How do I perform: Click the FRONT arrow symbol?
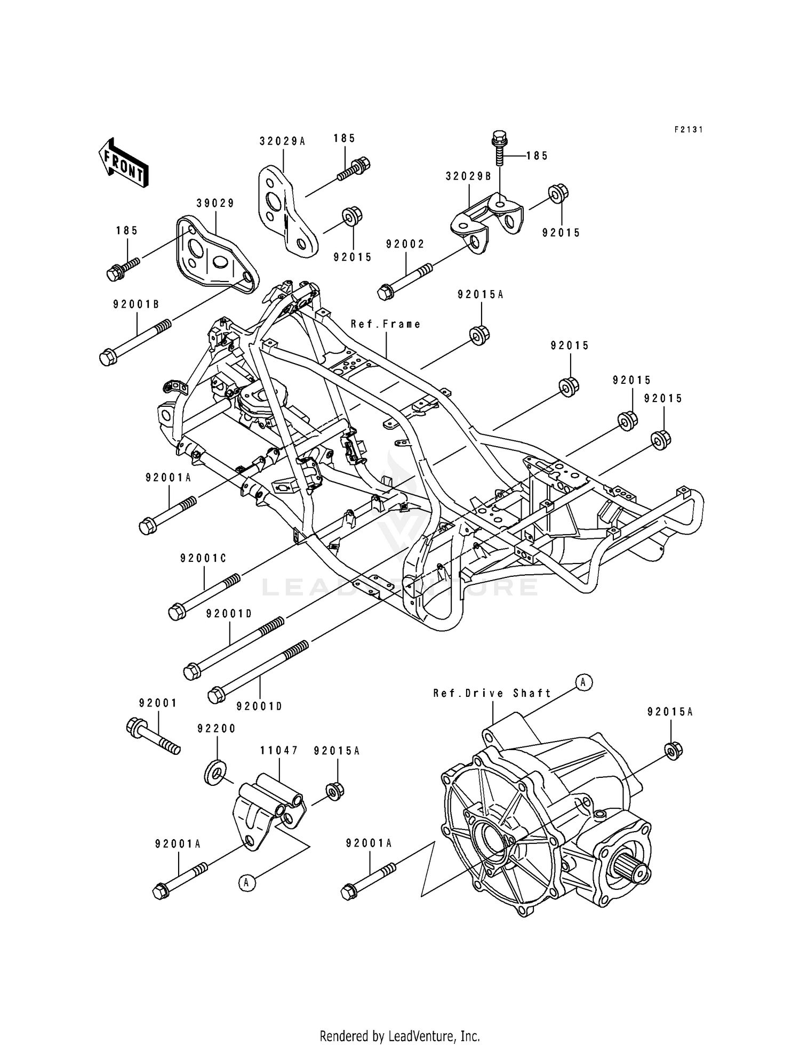123,163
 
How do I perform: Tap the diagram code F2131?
689,130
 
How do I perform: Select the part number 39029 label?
215,203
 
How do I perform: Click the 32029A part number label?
283,141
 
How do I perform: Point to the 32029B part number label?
469,176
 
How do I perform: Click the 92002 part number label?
405,244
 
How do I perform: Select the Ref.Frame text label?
386,324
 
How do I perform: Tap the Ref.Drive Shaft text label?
492,693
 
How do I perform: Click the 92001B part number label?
136,304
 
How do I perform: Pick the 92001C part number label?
203,558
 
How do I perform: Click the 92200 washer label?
217,728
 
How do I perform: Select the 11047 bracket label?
279,750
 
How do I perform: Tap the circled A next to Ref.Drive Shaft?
584,682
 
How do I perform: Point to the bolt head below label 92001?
136,727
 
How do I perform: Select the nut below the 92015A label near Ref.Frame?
479,335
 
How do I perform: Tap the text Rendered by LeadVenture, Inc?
399,1036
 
